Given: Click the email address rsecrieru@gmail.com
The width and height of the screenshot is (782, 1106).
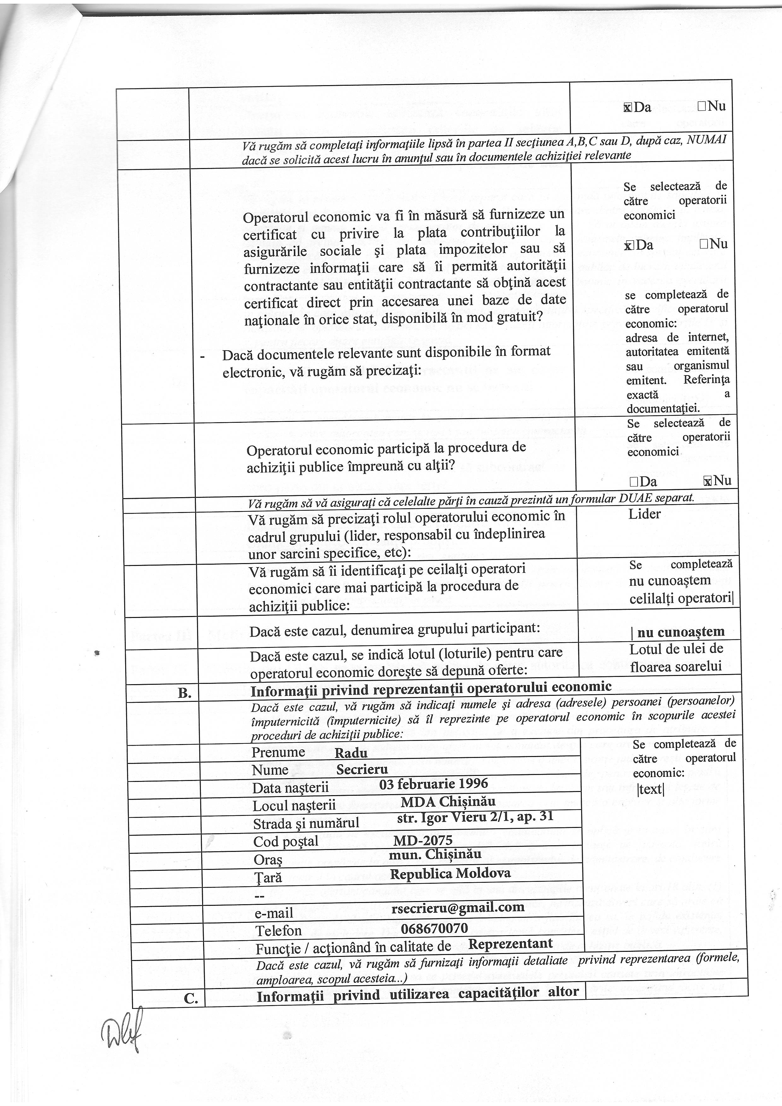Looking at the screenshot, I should pyautogui.click(x=458, y=908).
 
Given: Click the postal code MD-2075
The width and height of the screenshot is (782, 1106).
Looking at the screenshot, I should pyautogui.click(x=423, y=840).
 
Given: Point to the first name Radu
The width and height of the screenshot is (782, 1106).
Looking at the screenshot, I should pyautogui.click(x=351, y=753).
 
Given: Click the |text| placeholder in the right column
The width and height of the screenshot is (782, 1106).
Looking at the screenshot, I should pyautogui.click(x=651, y=789).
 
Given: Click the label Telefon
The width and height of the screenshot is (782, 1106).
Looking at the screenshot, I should pyautogui.click(x=278, y=930).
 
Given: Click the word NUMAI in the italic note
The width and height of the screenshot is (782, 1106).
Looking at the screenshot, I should pyautogui.click(x=708, y=140).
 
